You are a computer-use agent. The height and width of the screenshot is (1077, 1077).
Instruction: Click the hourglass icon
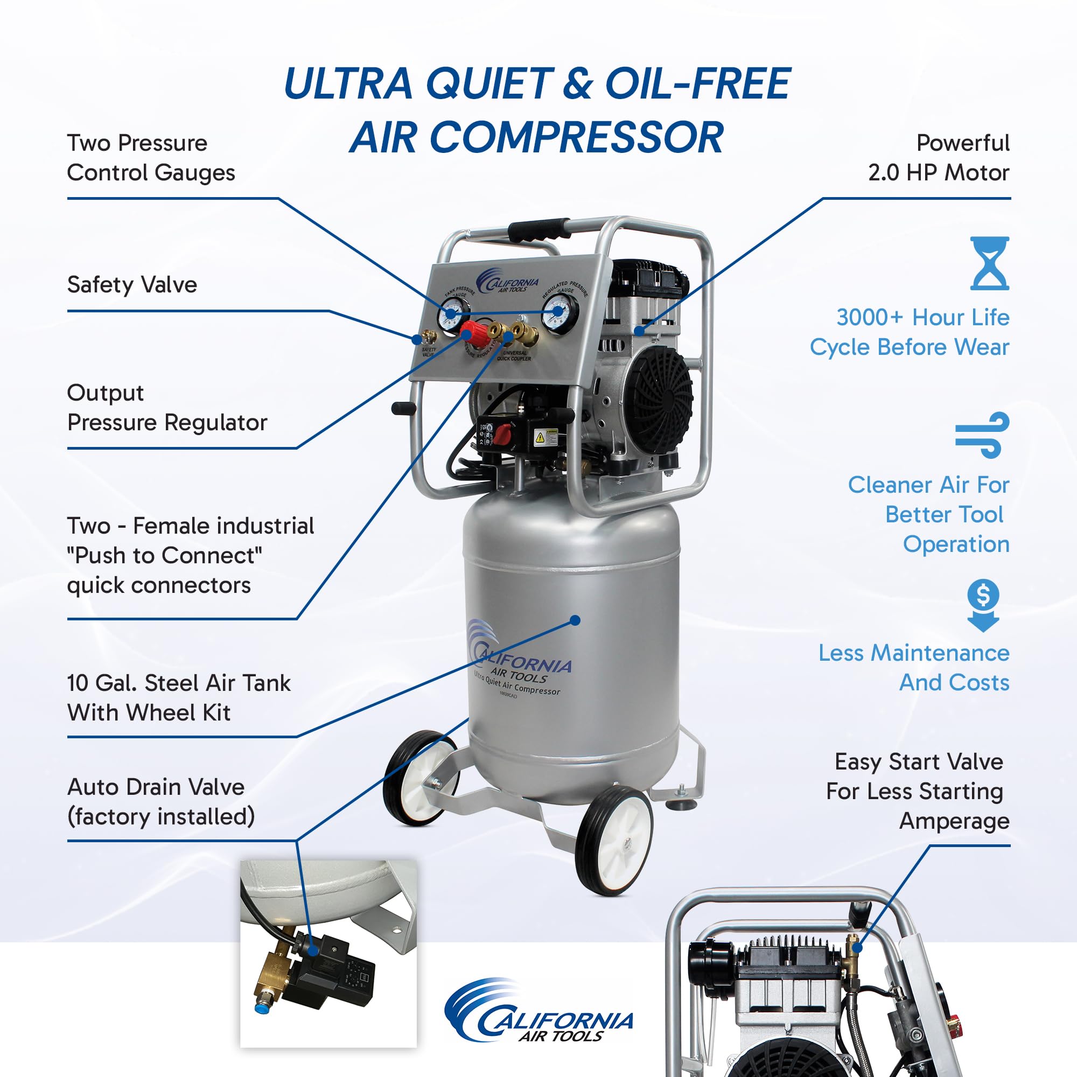tap(989, 263)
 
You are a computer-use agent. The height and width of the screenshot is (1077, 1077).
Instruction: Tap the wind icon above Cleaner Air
tap(982, 434)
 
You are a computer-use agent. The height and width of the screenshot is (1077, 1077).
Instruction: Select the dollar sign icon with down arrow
tap(983, 605)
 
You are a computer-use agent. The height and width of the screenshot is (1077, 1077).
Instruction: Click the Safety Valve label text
tap(132, 285)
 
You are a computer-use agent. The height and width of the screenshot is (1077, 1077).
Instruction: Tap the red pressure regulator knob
tap(475, 332)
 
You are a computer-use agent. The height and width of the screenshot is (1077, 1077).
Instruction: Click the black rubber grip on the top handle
tap(538, 228)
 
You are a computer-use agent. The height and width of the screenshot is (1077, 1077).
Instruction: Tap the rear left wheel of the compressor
tap(421, 778)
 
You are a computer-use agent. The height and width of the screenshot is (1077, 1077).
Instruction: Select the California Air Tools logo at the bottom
tap(538, 1019)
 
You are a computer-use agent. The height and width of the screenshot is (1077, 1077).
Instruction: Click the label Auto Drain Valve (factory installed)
tap(160, 802)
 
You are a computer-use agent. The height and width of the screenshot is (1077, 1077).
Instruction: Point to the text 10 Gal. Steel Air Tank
tap(178, 683)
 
